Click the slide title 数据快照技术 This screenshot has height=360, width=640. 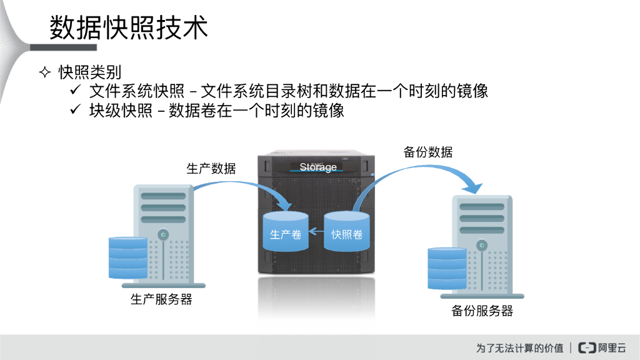point(128,27)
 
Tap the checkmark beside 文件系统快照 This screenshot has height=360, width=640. point(75,91)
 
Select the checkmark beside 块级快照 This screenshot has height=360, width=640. point(75,111)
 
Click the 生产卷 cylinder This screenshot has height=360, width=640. point(285,232)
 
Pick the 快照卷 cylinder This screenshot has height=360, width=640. point(347,232)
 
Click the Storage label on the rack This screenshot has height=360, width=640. point(317,167)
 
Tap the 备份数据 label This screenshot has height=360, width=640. point(427,152)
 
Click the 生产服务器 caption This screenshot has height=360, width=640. point(161,299)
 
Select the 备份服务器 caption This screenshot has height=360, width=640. point(482,311)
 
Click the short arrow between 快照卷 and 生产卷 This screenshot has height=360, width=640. point(316,234)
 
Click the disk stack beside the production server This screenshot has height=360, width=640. point(127,258)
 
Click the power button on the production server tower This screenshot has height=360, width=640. point(163,235)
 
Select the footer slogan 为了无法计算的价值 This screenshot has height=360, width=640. point(519,347)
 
